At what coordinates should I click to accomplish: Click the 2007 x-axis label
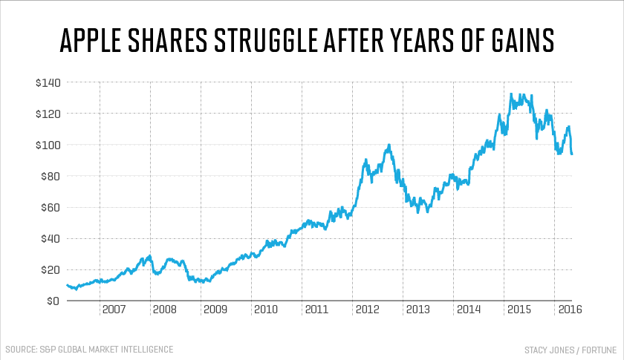pos(114,309)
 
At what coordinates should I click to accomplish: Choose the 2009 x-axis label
pos(215,309)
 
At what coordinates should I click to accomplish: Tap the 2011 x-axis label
pos(316,309)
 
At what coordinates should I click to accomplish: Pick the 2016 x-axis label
pos(570,309)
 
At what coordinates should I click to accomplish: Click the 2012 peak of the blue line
pos(389,145)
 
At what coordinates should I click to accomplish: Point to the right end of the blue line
pos(572,154)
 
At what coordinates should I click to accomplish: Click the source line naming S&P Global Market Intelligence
pos(89,349)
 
